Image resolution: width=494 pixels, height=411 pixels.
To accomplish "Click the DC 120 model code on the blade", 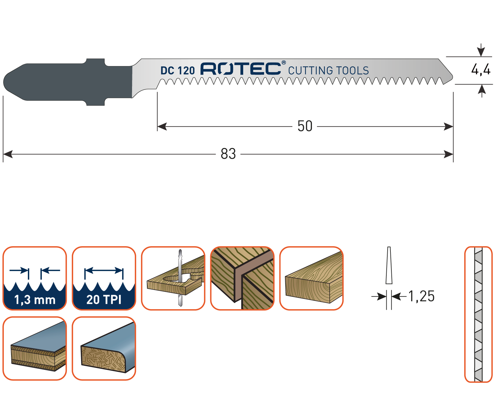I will point(177,71).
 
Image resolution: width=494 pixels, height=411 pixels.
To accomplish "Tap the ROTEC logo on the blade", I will point(240,69).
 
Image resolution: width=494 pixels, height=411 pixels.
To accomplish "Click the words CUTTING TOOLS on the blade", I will point(328,71).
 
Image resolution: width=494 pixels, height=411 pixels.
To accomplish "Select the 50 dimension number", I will point(305,126).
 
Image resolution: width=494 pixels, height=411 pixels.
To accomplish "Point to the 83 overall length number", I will point(228,154).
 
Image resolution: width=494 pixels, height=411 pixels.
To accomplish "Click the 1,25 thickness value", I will point(421,296).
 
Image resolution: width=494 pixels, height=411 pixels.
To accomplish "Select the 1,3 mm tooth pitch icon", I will point(35,278).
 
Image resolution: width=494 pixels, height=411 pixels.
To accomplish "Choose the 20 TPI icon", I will point(104,278).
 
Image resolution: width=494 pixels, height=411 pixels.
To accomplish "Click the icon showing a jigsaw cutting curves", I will point(173,278).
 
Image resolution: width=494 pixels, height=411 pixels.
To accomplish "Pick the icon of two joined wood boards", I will point(242,278).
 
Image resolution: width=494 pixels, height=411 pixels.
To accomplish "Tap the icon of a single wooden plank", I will point(311,278).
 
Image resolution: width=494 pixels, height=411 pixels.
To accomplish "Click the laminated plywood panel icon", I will point(35,348).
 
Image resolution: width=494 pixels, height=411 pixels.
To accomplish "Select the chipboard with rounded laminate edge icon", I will point(104,348).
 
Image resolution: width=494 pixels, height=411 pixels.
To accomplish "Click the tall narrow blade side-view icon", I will point(478,314).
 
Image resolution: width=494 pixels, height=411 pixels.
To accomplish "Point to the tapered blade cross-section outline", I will point(389,266).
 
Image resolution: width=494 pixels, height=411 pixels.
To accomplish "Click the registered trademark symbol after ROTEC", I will point(283,63).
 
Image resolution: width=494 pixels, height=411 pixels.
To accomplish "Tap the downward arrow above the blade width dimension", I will point(481,51).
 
